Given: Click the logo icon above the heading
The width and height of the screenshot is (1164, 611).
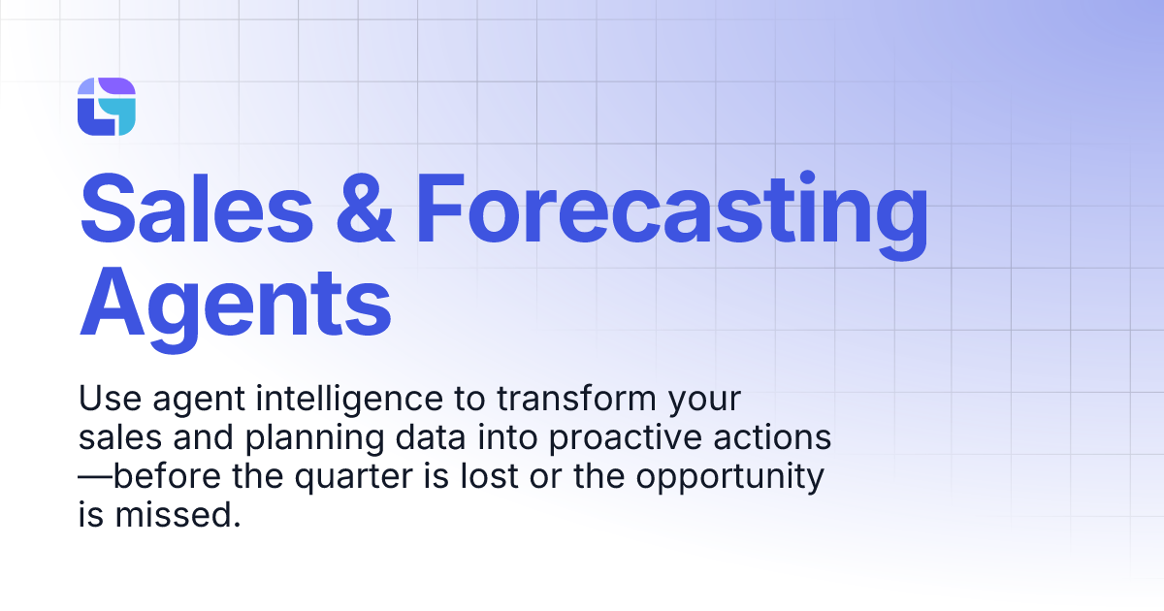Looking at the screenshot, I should click(x=106, y=107).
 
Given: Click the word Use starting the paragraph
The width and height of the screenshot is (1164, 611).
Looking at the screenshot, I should click(x=105, y=400).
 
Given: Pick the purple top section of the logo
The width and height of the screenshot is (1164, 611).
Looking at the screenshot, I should click(x=115, y=87).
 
